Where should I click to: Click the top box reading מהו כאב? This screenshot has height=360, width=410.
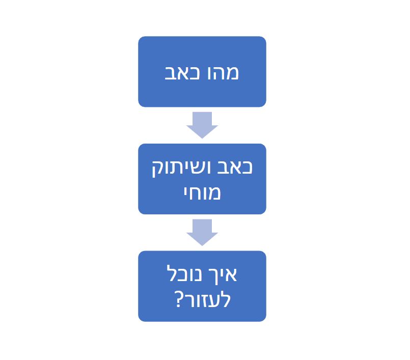(202, 72)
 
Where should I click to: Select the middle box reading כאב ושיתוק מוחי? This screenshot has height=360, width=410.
(202, 179)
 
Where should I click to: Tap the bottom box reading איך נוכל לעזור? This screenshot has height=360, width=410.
(202, 286)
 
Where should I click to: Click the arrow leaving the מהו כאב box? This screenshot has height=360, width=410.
(202, 125)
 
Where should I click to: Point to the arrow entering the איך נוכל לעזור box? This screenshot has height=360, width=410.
(202, 232)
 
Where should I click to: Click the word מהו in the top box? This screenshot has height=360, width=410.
(223, 73)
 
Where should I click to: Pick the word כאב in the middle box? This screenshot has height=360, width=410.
(235, 168)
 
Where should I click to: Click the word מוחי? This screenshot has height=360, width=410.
(202, 193)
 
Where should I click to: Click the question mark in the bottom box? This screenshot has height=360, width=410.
(178, 300)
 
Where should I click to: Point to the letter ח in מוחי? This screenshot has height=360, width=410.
(198, 193)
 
